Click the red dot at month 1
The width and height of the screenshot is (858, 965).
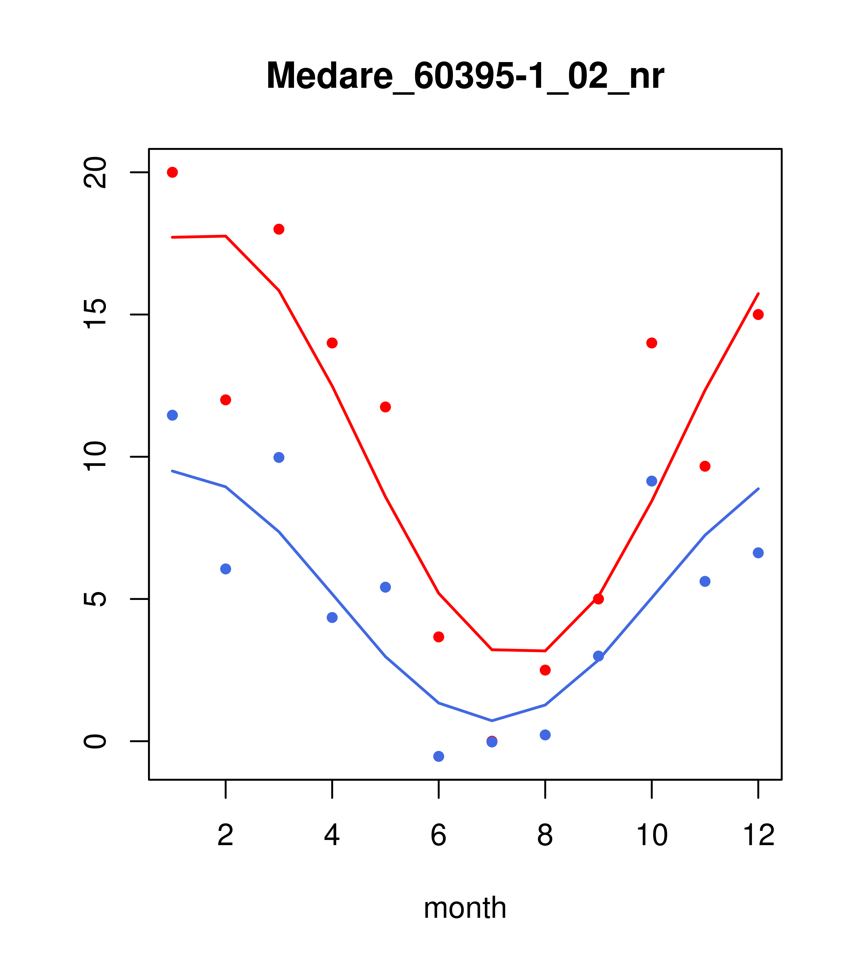(x=172, y=172)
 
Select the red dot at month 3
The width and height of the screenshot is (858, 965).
(x=279, y=229)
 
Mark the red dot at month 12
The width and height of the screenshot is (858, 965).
(x=758, y=315)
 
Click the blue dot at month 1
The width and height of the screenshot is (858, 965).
(x=172, y=416)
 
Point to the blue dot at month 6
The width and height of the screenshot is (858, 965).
(x=439, y=757)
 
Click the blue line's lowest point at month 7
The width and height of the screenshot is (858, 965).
(x=492, y=721)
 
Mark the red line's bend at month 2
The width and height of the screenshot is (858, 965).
(x=226, y=236)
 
